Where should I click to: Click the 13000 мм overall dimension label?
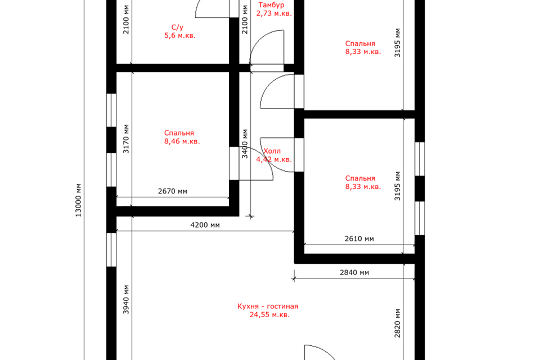click(x=79, y=200)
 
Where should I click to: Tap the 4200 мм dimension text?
click(x=205, y=225)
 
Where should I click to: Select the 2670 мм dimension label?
click(x=173, y=191)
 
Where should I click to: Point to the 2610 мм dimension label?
click(x=359, y=238)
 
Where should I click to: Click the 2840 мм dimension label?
click(x=354, y=272)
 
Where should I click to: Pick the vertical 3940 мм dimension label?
click(x=126, y=299)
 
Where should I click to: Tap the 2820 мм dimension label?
click(x=398, y=323)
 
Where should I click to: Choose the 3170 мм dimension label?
click(x=126, y=138)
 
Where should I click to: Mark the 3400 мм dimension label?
click(x=245, y=143)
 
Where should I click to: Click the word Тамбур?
click(x=271, y=5)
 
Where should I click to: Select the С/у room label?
click(x=177, y=27)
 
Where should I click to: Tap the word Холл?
click(x=272, y=151)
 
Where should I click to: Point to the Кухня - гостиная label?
click(x=268, y=306)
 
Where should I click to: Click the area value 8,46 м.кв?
click(x=182, y=141)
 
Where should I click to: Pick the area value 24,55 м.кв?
click(x=269, y=314)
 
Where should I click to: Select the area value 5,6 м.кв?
click(x=180, y=35)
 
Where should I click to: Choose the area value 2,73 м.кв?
click(x=274, y=13)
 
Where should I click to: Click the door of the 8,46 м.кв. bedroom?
click(x=262, y=159)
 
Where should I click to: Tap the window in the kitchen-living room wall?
click(x=111, y=250)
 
